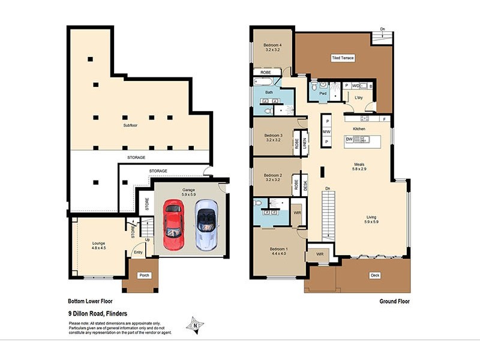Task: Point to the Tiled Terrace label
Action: point(343,58)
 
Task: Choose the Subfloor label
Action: point(131,125)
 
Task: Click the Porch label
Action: point(144,275)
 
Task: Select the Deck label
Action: point(375,275)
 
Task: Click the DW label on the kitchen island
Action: point(349,139)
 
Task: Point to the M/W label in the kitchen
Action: point(326,131)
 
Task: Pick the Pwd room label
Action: point(323,94)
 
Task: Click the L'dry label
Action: point(359,97)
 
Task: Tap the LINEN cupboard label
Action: point(305,143)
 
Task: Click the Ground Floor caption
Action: point(395,302)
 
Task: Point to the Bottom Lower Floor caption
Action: point(91,302)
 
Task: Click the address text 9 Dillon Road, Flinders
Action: point(100,313)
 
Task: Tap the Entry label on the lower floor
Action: point(139,252)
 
